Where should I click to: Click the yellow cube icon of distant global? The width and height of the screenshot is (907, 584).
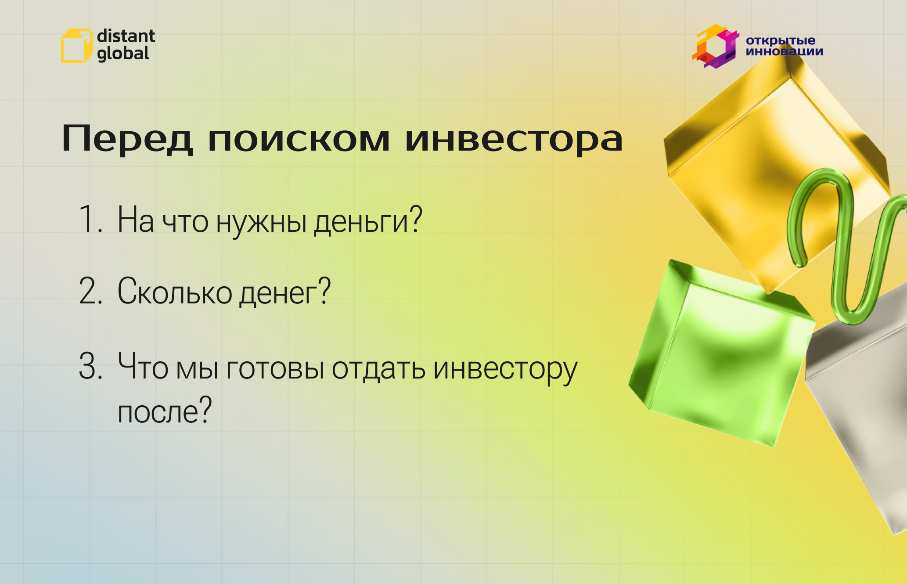coord(76,46)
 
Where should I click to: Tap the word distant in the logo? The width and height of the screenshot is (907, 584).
coord(126,36)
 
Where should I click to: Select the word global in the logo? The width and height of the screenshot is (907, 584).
coord(123,54)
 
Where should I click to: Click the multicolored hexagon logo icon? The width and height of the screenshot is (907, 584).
coord(715,46)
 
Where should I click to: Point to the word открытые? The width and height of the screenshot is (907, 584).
coord(780,40)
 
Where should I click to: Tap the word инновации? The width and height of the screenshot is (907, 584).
coord(784,51)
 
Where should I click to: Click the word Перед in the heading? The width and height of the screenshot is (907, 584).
coord(127,139)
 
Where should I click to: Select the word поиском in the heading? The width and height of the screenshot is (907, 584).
coord(299,139)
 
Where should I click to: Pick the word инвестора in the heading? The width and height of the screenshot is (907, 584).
coord(513,139)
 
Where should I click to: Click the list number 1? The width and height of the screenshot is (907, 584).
coord(90,219)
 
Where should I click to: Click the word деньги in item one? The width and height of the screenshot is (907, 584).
coord(368,221)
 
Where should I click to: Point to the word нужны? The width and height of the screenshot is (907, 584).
coord(261,221)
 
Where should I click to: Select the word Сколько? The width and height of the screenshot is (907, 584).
coord(175,292)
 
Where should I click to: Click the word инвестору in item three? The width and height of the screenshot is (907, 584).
coord(505,369)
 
